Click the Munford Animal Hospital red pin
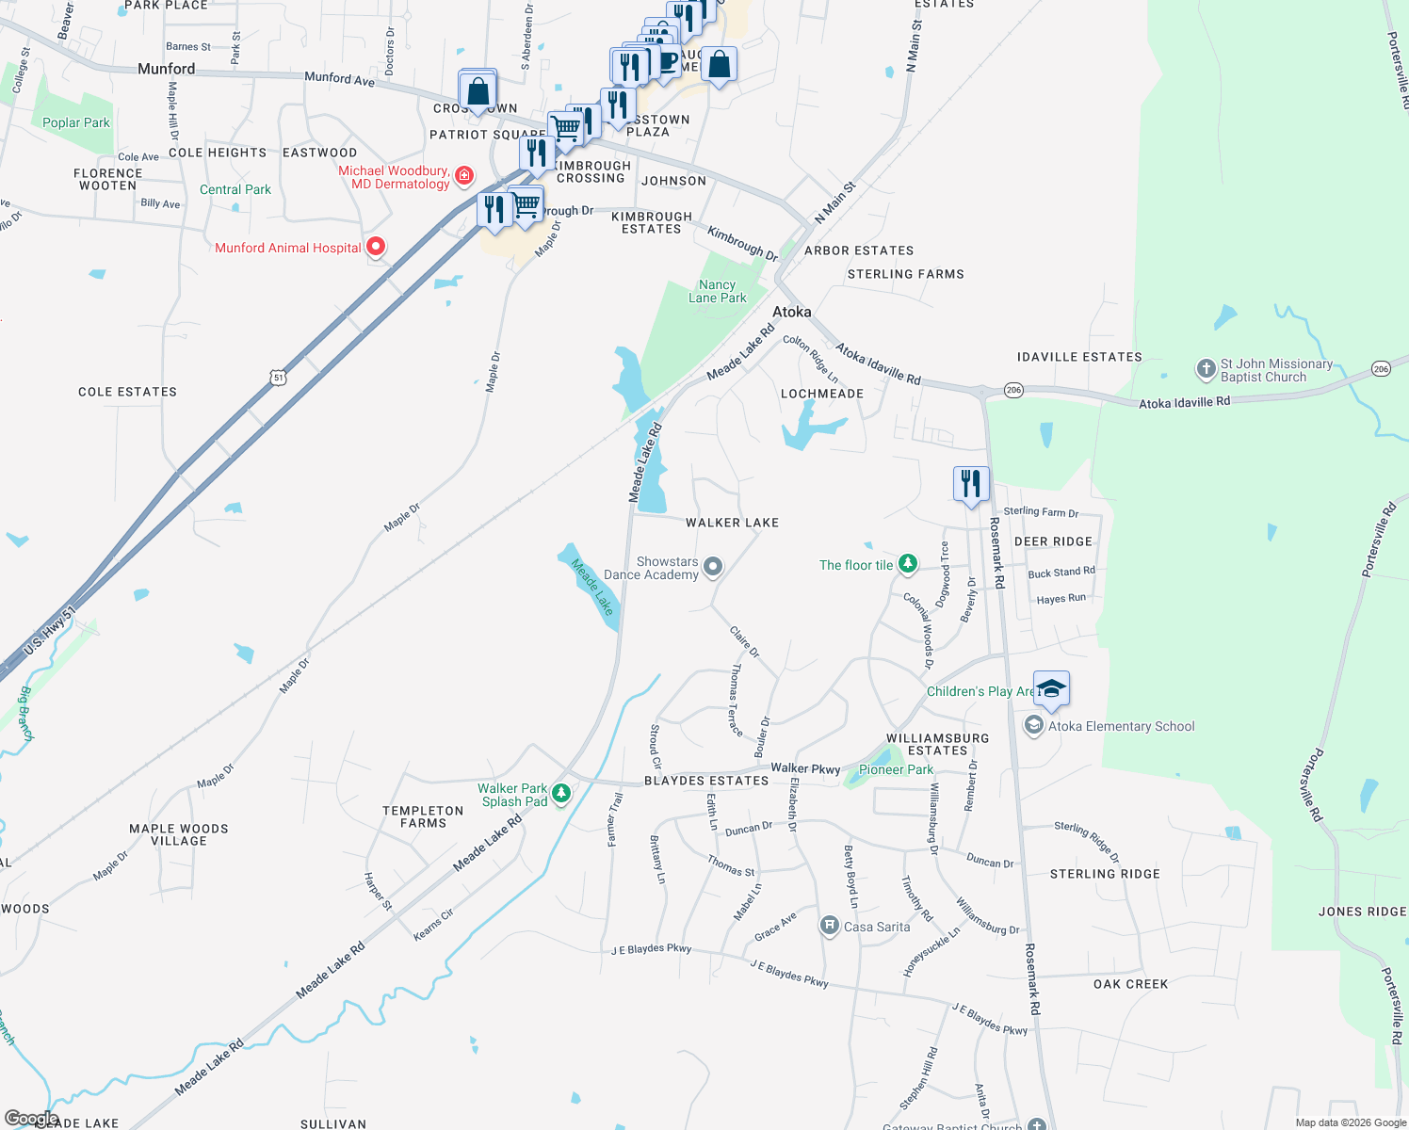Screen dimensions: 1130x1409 [376, 247]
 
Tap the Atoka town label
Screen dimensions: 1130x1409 [791, 312]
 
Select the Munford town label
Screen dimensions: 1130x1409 [166, 69]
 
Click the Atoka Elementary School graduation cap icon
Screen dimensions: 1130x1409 [1051, 688]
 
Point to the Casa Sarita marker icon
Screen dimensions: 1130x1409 [829, 927]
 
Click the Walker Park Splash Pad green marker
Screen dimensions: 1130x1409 [561, 793]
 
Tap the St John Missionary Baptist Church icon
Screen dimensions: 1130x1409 [1206, 370]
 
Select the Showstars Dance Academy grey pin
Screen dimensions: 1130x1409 [713, 567]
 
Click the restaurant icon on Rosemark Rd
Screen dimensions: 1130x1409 [971, 484]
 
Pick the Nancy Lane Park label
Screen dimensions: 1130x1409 [717, 291]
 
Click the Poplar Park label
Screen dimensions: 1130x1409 [76, 122]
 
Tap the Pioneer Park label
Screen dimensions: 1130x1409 [896, 769]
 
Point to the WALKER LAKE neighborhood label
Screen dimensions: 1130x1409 [732, 523]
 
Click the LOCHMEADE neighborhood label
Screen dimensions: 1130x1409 [822, 394]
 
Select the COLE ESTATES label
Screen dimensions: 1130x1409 [127, 392]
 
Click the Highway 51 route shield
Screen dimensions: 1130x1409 [278, 378]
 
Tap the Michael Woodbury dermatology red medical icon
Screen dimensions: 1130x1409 [464, 175]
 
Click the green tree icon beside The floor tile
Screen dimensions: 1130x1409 [907, 564]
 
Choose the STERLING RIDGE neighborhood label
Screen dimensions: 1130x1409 [1105, 874]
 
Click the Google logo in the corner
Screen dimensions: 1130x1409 [31, 1119]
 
